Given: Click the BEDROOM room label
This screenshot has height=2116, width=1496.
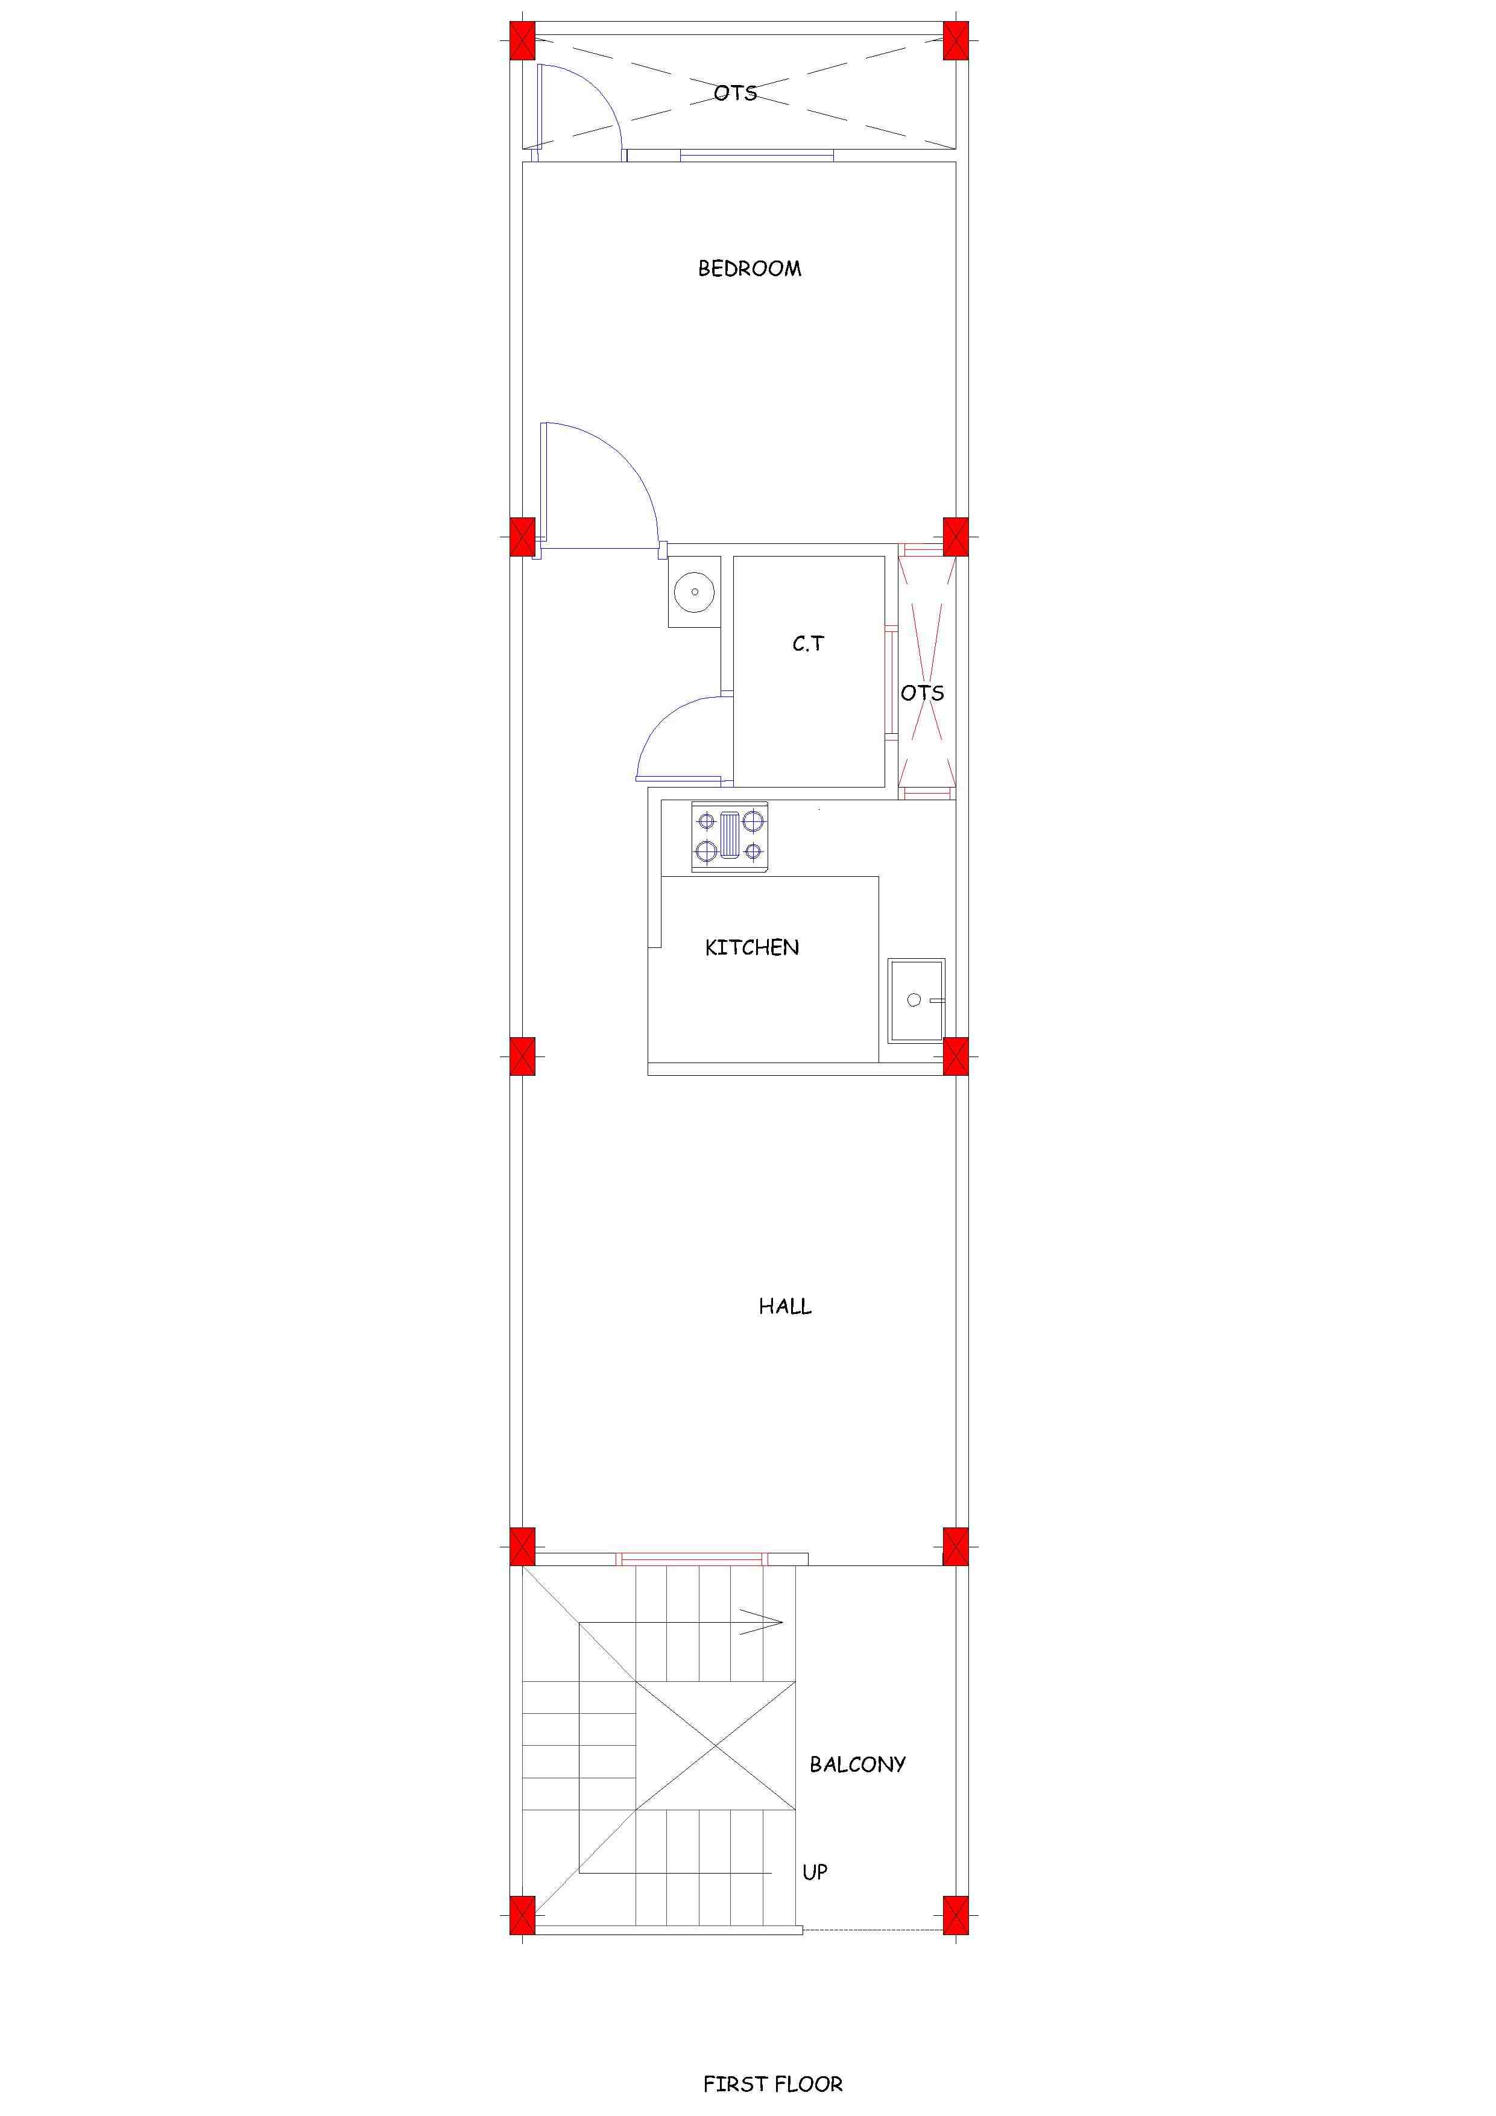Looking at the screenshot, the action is (750, 269).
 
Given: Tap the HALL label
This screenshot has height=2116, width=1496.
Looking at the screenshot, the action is (785, 1306).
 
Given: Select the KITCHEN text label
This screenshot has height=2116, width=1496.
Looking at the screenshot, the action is (752, 947).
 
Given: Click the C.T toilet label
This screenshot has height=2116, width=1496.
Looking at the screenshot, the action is (809, 643).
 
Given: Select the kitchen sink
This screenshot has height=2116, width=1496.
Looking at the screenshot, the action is (916, 1000).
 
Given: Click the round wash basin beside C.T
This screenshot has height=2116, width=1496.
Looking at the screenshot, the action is (694, 591).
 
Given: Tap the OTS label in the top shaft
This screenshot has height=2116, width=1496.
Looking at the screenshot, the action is (736, 93).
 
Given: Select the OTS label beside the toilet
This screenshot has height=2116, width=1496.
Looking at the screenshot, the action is (923, 693).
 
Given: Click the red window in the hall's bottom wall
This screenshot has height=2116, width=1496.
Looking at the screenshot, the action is (691, 1559).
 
